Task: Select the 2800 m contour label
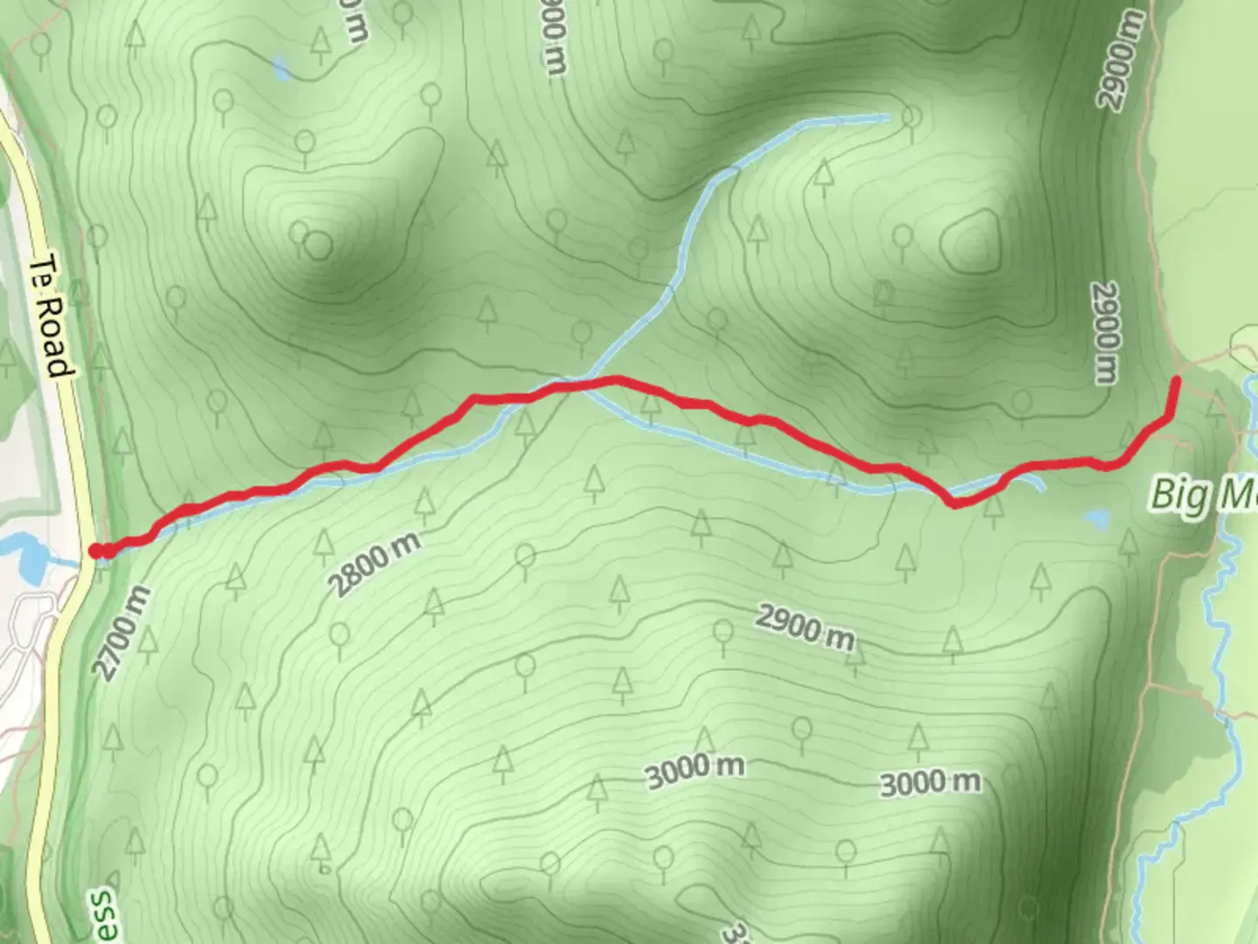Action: [376, 564]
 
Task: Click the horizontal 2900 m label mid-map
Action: [805, 627]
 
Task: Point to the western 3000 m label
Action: [695, 769]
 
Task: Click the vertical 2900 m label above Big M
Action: [1106, 333]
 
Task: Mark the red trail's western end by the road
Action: [95, 551]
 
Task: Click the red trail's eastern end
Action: [1176, 380]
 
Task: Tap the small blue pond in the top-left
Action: [280, 68]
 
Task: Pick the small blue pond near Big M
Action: [1096, 520]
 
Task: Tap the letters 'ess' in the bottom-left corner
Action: [102, 913]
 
